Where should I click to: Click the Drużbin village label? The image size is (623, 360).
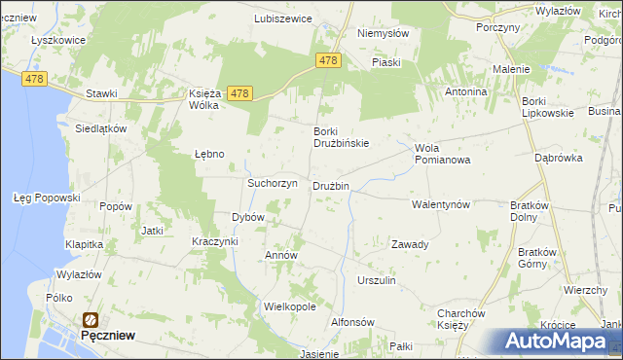(x=330, y=186)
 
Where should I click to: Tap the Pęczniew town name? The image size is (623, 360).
(x=107, y=335)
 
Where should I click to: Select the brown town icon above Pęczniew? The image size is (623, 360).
(x=91, y=319)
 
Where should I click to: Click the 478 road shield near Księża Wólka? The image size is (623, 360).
(x=241, y=93)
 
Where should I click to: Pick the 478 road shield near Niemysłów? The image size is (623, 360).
(x=328, y=60)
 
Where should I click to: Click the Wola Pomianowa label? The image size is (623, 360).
(x=443, y=154)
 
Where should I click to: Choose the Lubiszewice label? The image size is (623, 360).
(x=282, y=18)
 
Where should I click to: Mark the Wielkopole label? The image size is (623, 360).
(x=290, y=306)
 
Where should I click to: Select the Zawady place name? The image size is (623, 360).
(x=410, y=244)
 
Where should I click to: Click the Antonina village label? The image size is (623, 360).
(x=465, y=91)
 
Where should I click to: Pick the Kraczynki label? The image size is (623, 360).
(x=215, y=240)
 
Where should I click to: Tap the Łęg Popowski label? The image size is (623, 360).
(x=47, y=198)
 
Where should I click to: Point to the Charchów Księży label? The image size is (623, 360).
(x=461, y=319)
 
